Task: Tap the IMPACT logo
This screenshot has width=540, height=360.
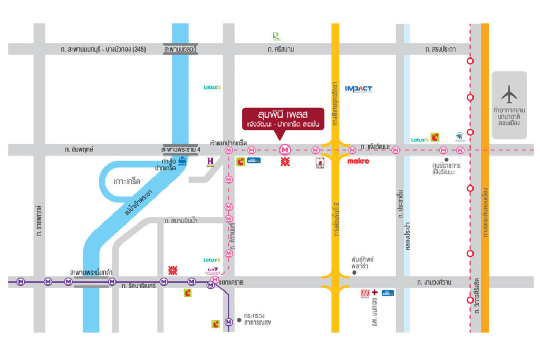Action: [359, 89]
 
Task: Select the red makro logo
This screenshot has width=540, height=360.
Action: [358, 161]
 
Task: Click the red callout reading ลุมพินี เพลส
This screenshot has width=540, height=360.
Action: [283, 119]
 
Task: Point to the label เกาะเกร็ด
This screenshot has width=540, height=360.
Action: [127, 181]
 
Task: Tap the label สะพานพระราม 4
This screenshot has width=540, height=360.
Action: [181, 150]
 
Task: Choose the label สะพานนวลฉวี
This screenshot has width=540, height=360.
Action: [180, 49]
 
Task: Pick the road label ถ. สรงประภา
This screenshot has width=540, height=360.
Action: [440, 49]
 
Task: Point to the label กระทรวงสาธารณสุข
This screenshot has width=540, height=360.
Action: [260, 322]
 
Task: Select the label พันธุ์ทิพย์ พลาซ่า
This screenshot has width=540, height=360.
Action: [365, 263]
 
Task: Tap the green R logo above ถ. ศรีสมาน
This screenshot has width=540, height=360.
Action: [276, 36]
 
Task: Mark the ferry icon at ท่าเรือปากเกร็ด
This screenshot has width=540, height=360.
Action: [182, 161]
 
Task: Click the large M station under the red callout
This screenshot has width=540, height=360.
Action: [285, 150]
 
